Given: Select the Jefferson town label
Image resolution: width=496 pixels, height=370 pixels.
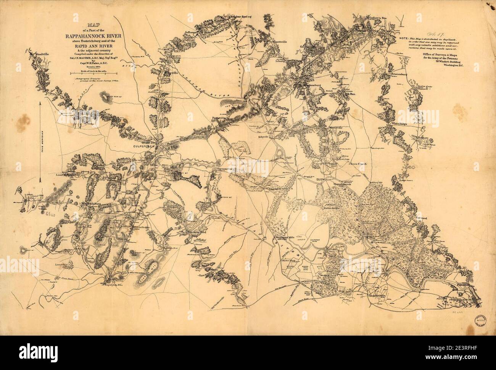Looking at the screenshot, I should pyautogui.click(x=190, y=32).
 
